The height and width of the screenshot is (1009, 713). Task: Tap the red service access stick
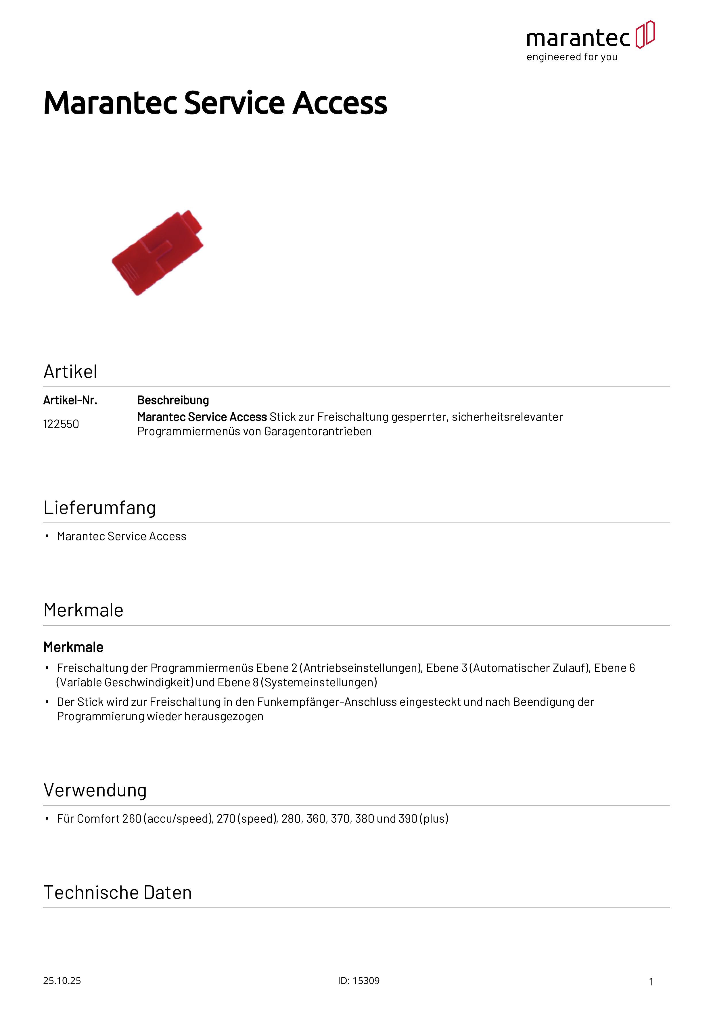[x=158, y=253]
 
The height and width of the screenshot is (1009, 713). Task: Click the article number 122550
[x=61, y=424]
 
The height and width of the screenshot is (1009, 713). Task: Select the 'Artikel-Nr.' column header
[x=70, y=400]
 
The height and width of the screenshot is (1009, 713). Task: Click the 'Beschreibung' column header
[x=173, y=400]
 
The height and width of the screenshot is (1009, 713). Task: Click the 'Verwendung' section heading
[x=95, y=790]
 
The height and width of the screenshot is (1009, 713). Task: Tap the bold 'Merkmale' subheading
[x=73, y=647]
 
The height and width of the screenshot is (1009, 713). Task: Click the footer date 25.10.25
[x=62, y=981]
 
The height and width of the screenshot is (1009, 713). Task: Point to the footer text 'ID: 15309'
[x=359, y=981]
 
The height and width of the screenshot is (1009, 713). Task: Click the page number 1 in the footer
[x=651, y=982]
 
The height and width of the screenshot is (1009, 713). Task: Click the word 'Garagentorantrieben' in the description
[x=318, y=431]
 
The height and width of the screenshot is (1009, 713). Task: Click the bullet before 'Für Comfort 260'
[x=47, y=819]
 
